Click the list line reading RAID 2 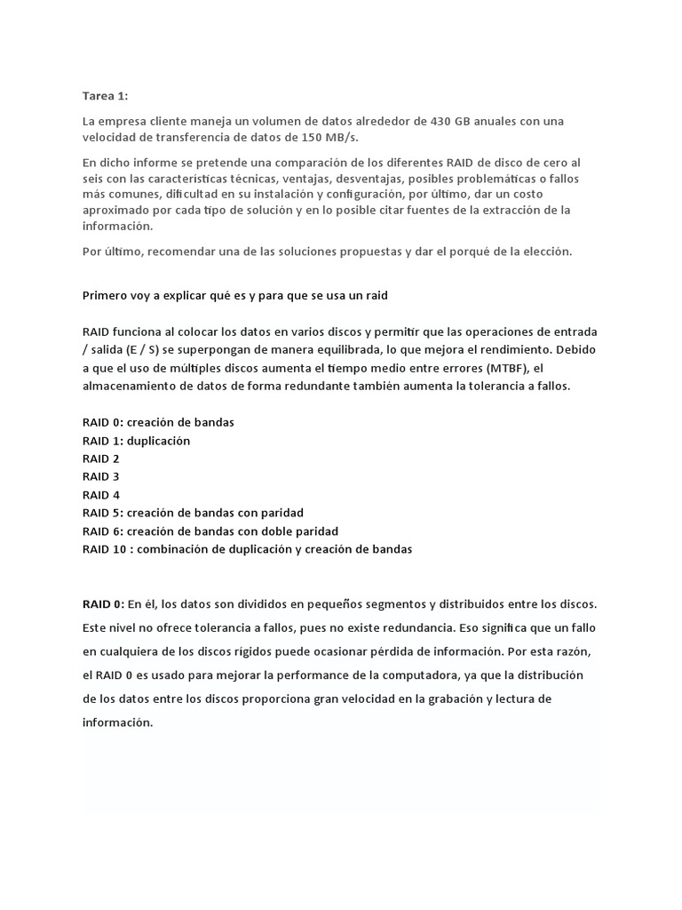click(101, 459)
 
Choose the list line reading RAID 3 click(101, 476)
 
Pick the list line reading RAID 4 click(101, 495)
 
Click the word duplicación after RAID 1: click(158, 441)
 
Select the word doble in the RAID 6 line click(276, 531)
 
